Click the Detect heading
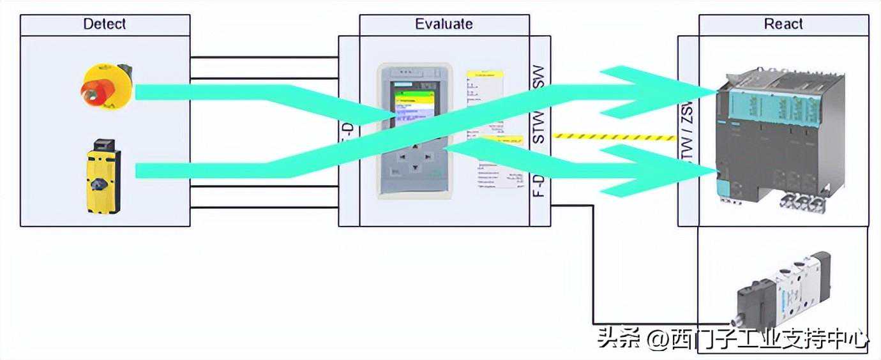[105, 24]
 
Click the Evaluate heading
[444, 24]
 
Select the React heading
[783, 24]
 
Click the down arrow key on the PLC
[415, 168]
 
